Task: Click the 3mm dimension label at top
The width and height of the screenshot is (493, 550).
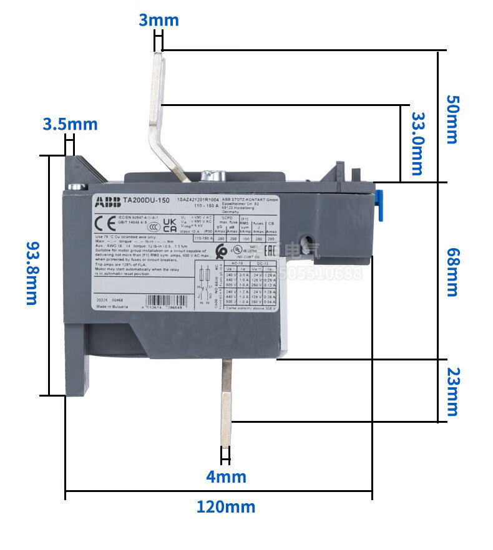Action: click(x=159, y=20)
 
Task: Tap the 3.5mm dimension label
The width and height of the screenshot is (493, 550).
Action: click(x=70, y=123)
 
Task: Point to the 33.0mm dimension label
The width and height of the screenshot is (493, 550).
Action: click(x=416, y=143)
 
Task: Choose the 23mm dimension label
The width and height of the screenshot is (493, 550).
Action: click(x=451, y=391)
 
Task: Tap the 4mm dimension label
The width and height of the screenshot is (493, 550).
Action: click(x=227, y=477)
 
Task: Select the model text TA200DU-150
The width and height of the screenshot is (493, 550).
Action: click(x=146, y=201)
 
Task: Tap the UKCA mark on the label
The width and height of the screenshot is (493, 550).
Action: click(x=169, y=224)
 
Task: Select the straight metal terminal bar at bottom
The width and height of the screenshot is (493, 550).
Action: click(x=226, y=399)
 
